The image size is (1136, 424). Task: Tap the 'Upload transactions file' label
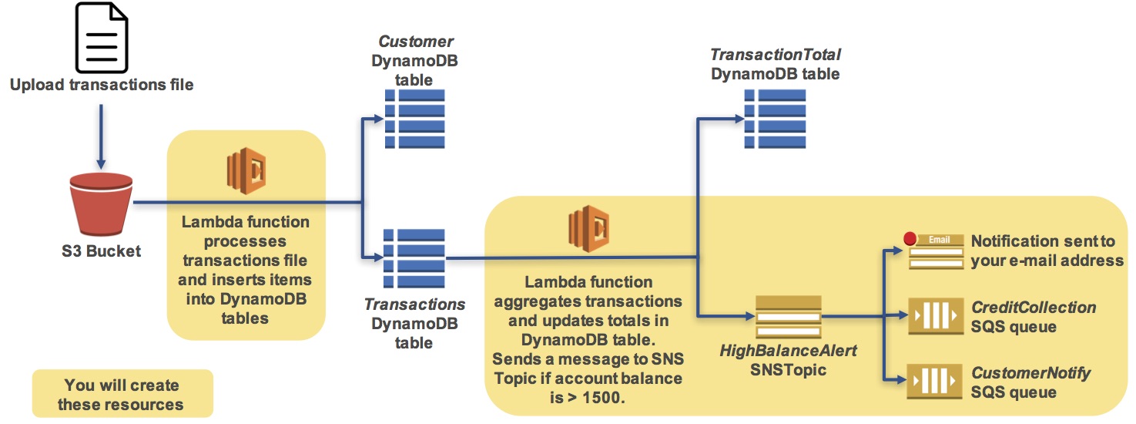(102, 85)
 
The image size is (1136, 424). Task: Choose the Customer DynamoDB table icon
(414, 119)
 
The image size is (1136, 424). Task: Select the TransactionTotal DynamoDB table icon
(775, 119)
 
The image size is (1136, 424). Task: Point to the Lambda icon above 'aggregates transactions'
(588, 228)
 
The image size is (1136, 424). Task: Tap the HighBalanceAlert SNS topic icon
(788, 316)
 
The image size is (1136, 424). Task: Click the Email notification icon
(935, 251)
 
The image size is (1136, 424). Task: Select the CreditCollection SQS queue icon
(935, 316)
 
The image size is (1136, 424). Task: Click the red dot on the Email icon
(910, 238)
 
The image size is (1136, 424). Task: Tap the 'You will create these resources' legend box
(122, 395)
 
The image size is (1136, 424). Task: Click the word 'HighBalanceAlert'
(788, 351)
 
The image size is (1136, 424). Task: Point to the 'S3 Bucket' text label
(101, 251)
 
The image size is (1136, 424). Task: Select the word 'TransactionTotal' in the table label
(775, 56)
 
